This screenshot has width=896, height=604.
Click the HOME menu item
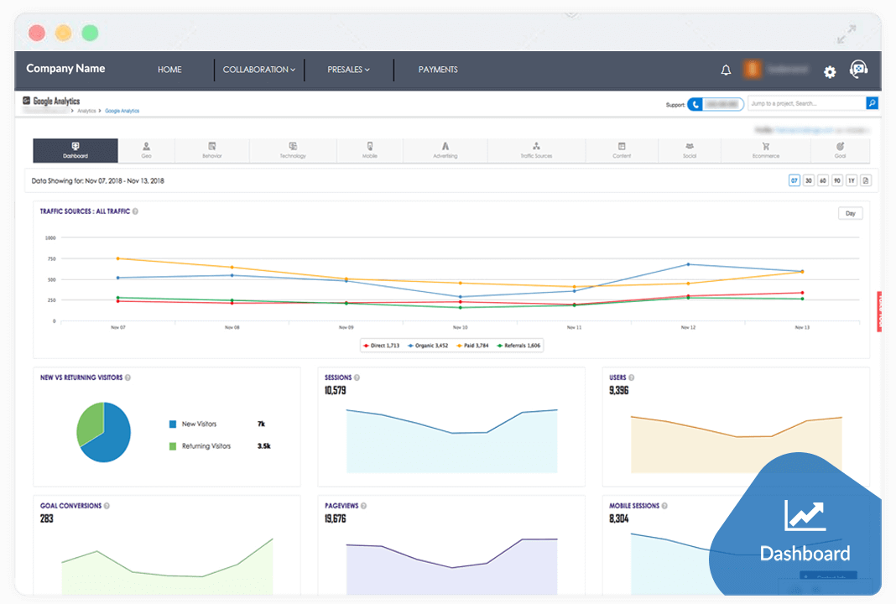tap(169, 70)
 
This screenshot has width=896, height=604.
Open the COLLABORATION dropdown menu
tap(258, 70)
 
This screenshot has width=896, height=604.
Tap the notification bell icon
tap(726, 70)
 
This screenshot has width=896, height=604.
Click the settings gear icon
tap(830, 72)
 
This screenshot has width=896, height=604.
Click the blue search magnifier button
tap(872, 103)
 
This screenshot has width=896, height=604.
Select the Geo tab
tap(147, 150)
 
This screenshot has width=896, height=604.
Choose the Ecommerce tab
tap(765, 150)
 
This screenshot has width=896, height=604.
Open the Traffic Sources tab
tap(536, 150)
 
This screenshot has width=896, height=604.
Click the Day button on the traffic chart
tap(850, 213)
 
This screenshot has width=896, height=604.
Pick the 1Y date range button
tap(851, 180)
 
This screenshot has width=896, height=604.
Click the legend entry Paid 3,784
tap(472, 346)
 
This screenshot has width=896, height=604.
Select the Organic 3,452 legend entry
tap(428, 346)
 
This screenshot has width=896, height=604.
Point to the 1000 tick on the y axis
tap(49, 237)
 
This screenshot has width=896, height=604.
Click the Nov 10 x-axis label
tap(460, 327)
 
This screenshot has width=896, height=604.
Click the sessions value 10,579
tap(336, 390)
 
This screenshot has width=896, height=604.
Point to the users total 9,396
tap(619, 390)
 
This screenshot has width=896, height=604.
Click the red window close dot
tap(36, 34)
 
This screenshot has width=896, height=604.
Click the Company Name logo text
tap(65, 69)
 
